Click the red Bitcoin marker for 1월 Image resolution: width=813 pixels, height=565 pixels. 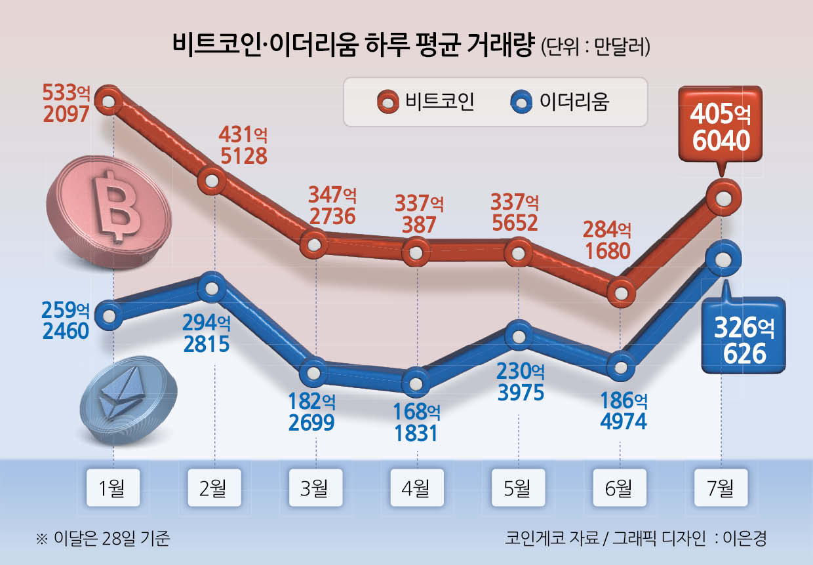click(x=109, y=101)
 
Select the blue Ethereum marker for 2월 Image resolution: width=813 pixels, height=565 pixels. click(x=212, y=287)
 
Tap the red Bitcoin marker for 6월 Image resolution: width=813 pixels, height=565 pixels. click(x=621, y=292)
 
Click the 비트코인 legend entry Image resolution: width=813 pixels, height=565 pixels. click(x=426, y=102)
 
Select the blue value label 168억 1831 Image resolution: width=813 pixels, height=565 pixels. click(x=416, y=423)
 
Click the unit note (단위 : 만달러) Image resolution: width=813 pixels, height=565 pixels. click(x=595, y=47)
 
